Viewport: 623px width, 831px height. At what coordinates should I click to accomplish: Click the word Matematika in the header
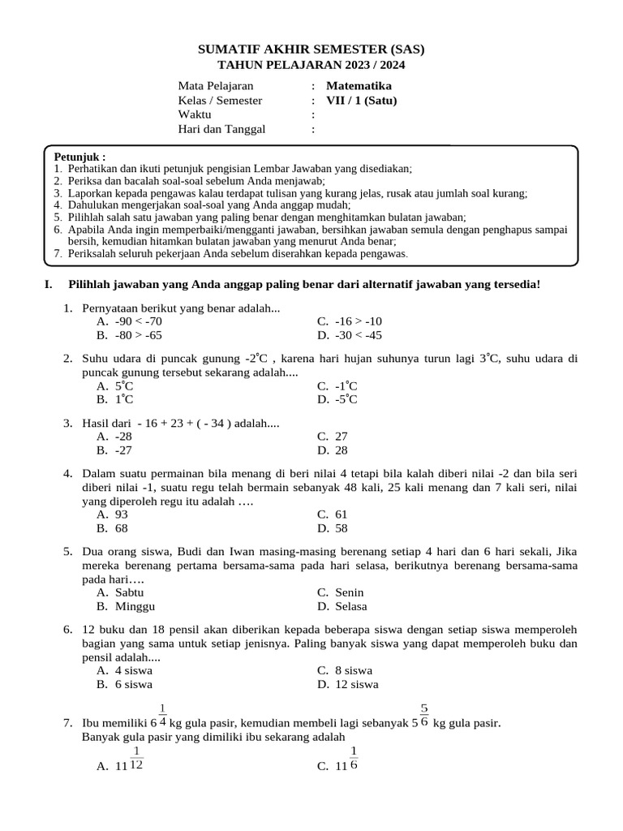[359, 85]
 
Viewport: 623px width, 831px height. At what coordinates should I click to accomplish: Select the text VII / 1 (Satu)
[361, 101]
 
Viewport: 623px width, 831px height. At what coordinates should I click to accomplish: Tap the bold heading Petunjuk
[79, 157]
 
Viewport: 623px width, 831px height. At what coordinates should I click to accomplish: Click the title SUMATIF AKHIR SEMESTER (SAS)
[311, 50]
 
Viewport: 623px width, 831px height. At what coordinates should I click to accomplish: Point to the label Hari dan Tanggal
[221, 128]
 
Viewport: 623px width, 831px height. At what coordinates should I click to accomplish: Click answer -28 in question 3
[123, 436]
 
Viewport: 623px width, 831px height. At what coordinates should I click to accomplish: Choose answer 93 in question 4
[122, 514]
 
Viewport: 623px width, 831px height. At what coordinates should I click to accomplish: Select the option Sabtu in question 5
[130, 592]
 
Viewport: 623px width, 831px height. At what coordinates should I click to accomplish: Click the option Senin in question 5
[350, 592]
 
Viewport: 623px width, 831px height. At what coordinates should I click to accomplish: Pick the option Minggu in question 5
[135, 606]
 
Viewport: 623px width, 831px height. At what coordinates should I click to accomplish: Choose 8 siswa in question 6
[354, 670]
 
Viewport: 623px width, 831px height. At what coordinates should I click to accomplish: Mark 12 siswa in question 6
[356, 684]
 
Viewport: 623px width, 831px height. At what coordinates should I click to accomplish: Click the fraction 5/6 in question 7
[424, 714]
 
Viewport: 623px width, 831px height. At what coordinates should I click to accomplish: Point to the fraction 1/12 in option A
[137, 758]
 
